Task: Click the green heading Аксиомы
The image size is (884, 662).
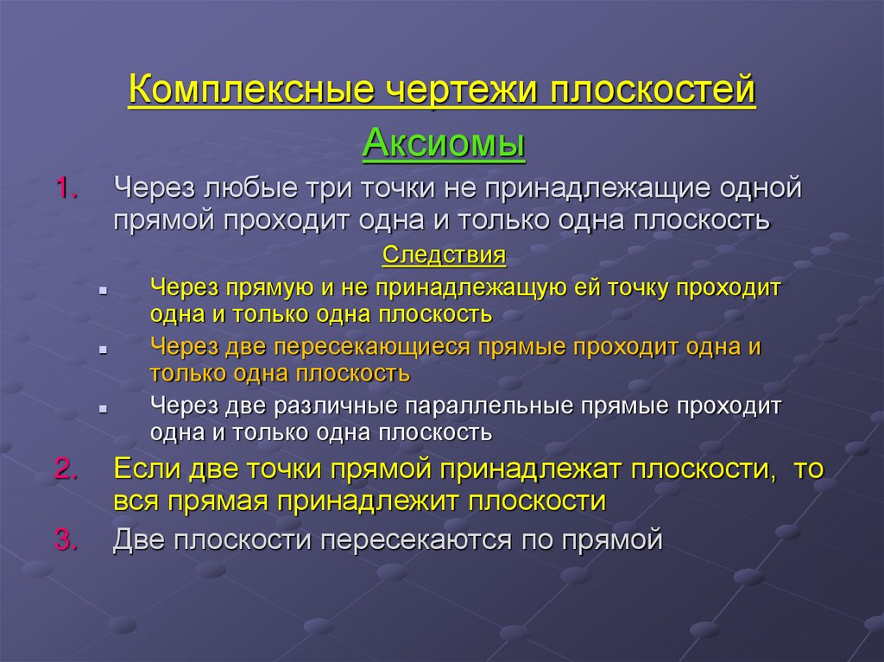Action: [x=444, y=142]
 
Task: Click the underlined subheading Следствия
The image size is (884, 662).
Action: [x=443, y=256]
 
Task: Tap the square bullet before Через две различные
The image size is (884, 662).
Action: [x=103, y=410]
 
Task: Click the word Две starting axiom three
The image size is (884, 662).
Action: [x=140, y=540]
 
